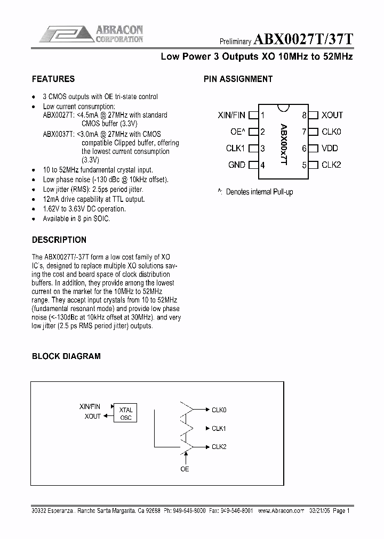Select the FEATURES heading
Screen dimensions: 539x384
(x=53, y=79)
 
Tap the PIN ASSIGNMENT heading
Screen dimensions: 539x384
(x=238, y=79)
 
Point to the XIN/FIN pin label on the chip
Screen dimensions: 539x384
(x=231, y=115)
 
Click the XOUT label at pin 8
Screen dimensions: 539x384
(x=332, y=115)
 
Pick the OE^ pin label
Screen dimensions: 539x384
(x=237, y=132)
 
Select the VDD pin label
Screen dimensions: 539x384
(x=330, y=149)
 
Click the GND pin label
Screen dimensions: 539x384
(x=236, y=165)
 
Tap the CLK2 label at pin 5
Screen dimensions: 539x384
(x=331, y=165)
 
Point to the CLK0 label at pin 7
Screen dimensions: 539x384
(x=331, y=132)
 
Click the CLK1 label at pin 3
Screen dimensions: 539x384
(x=235, y=149)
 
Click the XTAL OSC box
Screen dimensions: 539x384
(x=126, y=413)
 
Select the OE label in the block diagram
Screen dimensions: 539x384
(x=185, y=469)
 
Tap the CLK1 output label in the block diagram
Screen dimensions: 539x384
(x=219, y=428)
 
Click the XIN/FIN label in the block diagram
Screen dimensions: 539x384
(x=90, y=407)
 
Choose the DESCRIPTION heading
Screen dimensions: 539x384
(x=59, y=240)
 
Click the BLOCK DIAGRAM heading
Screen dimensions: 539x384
(x=66, y=356)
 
